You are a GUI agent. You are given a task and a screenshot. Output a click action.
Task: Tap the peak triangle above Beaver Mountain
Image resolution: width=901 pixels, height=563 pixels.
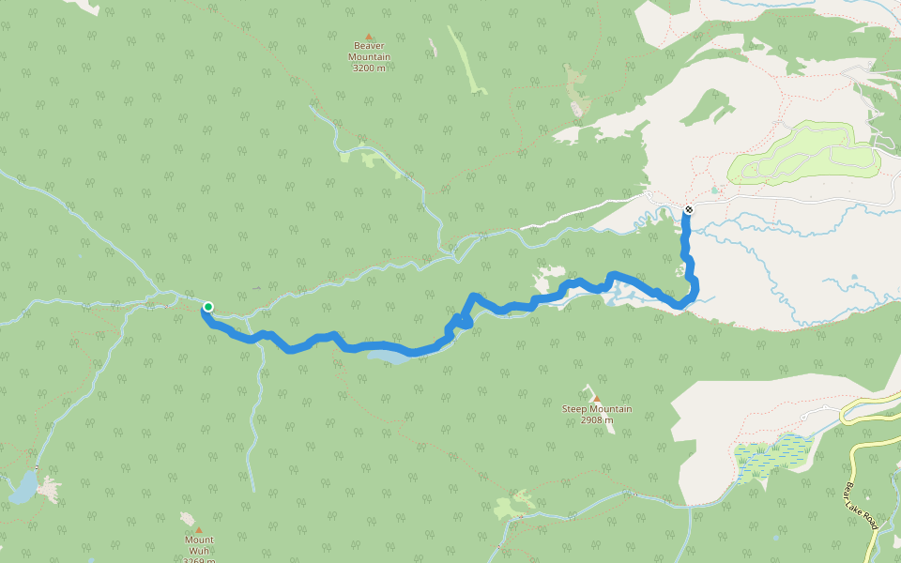tap(369, 36)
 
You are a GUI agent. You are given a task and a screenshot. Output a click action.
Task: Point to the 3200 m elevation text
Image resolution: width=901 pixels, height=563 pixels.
tap(369, 68)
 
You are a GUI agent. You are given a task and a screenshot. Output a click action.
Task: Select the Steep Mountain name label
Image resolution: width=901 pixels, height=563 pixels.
tap(597, 409)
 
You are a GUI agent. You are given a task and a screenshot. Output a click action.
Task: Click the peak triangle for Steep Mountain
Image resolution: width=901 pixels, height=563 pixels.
tap(596, 398)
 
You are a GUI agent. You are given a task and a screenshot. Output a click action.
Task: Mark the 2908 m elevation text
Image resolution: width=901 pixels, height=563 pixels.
tap(597, 419)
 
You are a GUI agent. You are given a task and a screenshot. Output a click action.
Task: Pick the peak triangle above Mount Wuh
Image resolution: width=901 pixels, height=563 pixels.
tap(198, 529)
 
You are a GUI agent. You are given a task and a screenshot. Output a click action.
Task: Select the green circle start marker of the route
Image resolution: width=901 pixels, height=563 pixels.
tap(208, 307)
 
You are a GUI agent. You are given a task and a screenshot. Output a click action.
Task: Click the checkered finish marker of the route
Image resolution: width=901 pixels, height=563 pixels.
tap(688, 210)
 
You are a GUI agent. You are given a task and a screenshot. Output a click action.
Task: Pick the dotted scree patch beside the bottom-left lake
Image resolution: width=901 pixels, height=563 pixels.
tap(47, 489)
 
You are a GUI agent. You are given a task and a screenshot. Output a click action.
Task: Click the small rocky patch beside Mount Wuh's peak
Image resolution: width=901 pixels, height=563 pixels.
tap(187, 517)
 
